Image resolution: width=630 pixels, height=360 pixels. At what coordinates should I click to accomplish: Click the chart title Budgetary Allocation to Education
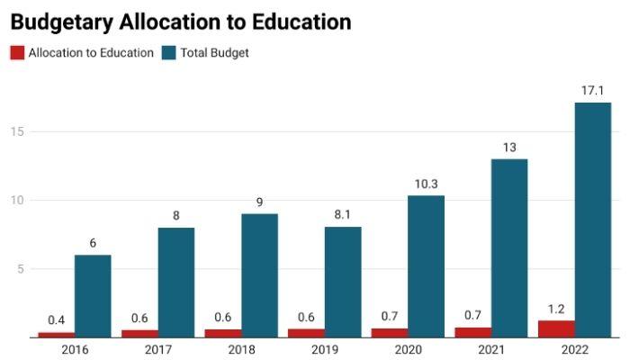pos(180,22)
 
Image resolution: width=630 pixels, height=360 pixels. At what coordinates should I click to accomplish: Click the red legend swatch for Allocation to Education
pos(16,53)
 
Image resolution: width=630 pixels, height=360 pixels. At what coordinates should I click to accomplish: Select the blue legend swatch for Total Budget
pos(168,53)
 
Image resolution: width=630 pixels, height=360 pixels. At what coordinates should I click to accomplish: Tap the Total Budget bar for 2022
pos(592,220)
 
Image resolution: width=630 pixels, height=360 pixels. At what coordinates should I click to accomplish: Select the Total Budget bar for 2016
pos(93,296)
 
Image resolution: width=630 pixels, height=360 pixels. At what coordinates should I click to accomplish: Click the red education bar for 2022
pos(556,329)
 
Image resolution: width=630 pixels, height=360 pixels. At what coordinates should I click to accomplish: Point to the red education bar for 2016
pos(56,335)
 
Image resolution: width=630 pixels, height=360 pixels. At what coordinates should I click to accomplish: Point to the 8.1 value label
pos(343,214)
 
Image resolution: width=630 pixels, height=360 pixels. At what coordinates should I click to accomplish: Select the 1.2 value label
pos(556,309)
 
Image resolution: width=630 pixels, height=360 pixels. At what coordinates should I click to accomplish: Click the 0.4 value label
pos(56,320)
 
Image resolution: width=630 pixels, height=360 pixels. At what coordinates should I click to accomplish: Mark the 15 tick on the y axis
pos(16,131)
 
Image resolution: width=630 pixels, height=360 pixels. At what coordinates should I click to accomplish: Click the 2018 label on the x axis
pos(241,349)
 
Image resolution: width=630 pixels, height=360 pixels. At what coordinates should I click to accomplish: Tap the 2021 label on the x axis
pos(490,349)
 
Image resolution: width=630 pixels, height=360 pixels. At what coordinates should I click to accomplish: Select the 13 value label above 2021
pos(509,147)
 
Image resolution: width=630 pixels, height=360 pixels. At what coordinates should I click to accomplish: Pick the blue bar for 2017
pos(176,283)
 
